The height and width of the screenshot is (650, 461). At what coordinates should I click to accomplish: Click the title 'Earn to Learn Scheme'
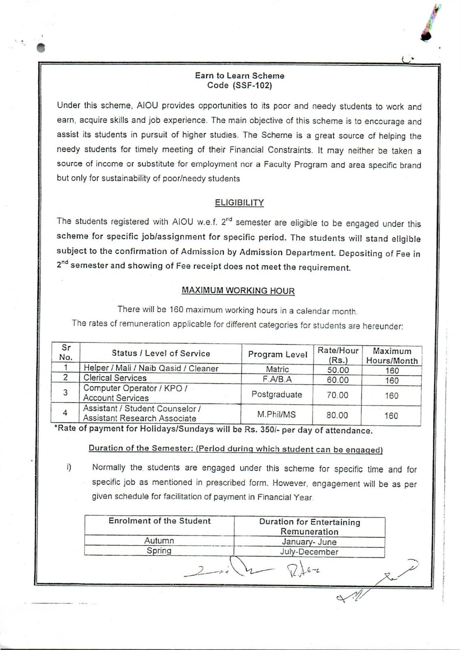click(x=239, y=76)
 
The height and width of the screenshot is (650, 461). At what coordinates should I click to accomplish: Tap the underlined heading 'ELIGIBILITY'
click(x=239, y=203)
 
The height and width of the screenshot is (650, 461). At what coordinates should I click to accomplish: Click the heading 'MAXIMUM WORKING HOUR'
click(x=238, y=290)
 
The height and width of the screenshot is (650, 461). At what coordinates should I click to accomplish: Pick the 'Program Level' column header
click(x=278, y=354)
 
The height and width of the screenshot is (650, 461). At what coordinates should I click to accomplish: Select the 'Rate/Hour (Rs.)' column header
click(x=338, y=355)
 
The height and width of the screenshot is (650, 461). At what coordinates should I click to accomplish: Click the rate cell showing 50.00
click(x=338, y=370)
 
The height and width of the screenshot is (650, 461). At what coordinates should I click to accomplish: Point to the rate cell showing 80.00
click(x=337, y=415)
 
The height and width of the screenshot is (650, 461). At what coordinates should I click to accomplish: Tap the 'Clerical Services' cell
click(x=115, y=378)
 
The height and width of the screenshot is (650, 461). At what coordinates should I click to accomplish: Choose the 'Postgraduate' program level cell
click(x=277, y=394)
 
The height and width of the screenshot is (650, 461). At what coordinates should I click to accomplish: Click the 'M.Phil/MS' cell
click(x=277, y=414)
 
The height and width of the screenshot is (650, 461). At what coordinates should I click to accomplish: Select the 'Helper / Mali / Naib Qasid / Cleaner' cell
click(x=151, y=368)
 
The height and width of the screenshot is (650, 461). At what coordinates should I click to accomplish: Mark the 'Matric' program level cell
click(x=277, y=369)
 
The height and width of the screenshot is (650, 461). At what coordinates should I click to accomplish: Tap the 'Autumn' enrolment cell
click(x=159, y=540)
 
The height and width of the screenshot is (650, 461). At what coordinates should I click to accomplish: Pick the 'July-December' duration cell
click(x=309, y=552)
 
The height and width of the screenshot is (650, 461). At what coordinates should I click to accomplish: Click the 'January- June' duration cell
click(x=309, y=542)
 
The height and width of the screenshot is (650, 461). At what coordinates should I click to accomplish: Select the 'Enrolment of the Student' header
click(x=160, y=521)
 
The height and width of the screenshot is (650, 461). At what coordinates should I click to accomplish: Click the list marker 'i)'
click(x=69, y=467)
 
